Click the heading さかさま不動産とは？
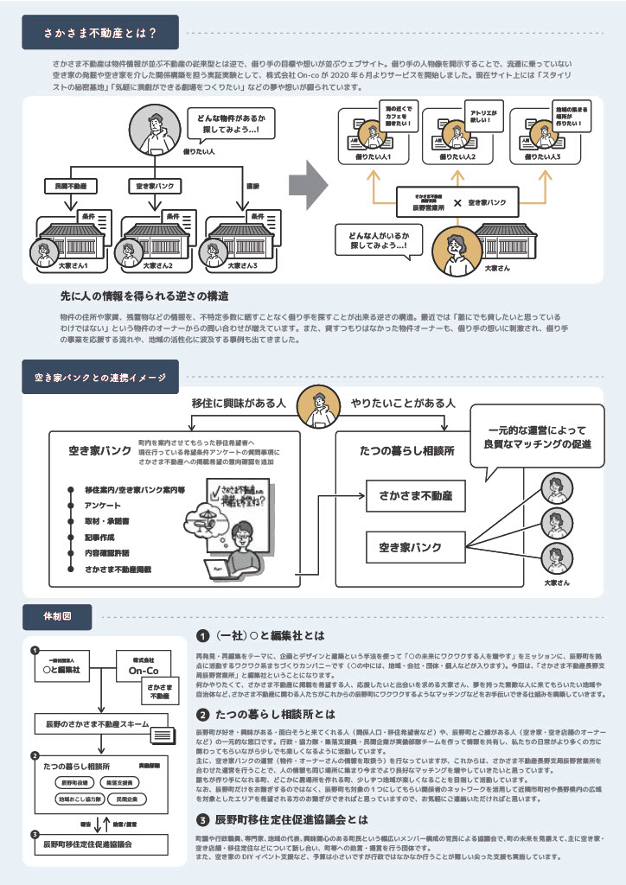click(100, 34)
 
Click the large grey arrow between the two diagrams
click(308, 182)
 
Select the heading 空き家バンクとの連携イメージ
click(100, 377)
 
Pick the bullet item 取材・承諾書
click(109, 522)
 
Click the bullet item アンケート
click(102, 506)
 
